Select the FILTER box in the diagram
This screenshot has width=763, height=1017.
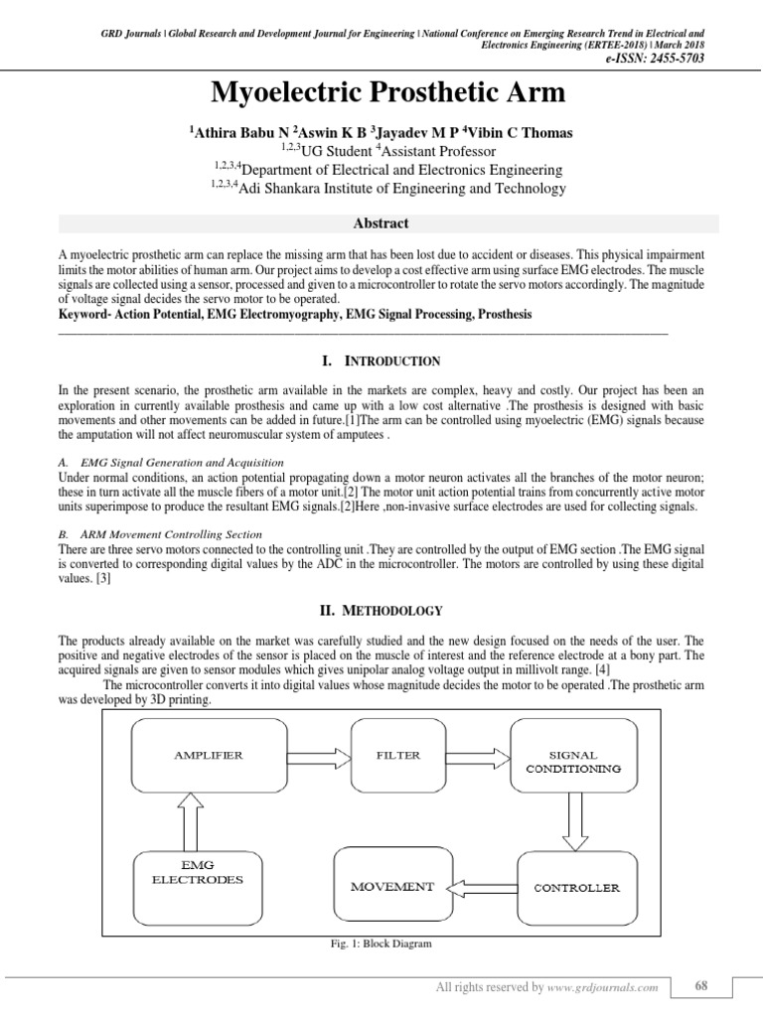coord(397,758)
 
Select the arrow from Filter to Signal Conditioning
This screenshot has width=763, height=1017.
coord(479,757)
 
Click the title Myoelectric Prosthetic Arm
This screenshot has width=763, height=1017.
coord(387,94)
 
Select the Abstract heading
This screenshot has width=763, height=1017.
coord(381,223)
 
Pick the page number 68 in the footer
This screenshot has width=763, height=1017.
coord(700,986)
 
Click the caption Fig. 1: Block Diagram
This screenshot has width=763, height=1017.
coord(382,944)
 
